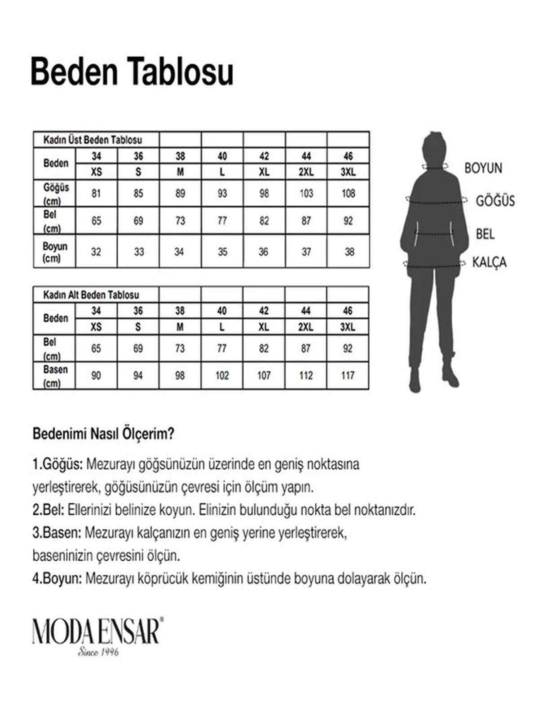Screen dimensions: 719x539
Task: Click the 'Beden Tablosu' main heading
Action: pos(132,71)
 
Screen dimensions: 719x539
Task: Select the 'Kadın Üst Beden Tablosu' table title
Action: pos(93,140)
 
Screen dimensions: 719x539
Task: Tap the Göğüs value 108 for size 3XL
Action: pos(348,194)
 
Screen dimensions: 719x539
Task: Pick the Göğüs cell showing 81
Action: pos(96,194)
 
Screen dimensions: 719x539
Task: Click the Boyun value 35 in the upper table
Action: pos(222,252)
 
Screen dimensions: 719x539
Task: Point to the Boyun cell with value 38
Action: pos(349,252)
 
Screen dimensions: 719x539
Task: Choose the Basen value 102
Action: pos(222,375)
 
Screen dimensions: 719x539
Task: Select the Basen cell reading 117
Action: pos(348,375)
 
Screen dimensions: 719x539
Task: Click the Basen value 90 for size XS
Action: pos(96,375)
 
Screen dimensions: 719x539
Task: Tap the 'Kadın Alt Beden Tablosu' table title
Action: pos(91,295)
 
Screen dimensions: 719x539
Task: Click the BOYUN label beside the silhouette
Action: pos(483,168)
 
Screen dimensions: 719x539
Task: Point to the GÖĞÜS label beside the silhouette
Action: pos(495,201)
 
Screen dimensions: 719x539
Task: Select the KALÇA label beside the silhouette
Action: pos(489,262)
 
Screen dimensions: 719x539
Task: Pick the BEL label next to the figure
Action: pos(485,234)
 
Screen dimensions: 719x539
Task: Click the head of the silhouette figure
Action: pos(434,150)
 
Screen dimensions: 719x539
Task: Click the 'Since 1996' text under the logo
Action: pos(98,652)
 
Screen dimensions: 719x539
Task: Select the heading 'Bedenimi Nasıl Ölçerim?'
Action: pos(103,434)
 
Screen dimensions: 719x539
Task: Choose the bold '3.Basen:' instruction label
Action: pos(57,533)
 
